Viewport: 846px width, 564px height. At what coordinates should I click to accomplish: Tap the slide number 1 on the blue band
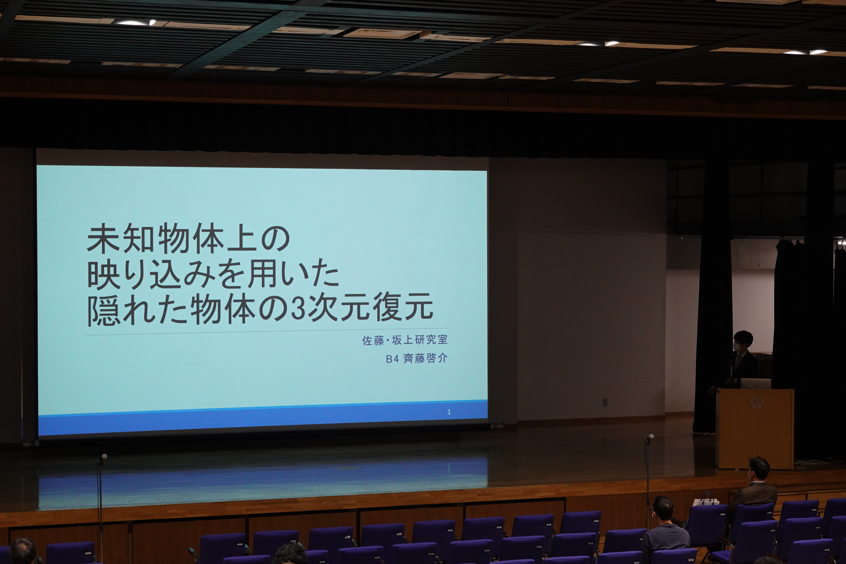[x=449, y=412]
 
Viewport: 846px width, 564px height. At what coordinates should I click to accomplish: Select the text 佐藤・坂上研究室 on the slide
[x=405, y=340]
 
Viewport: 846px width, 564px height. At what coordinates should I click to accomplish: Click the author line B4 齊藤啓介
[x=417, y=359]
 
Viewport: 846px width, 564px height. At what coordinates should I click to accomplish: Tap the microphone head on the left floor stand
[x=104, y=456]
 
